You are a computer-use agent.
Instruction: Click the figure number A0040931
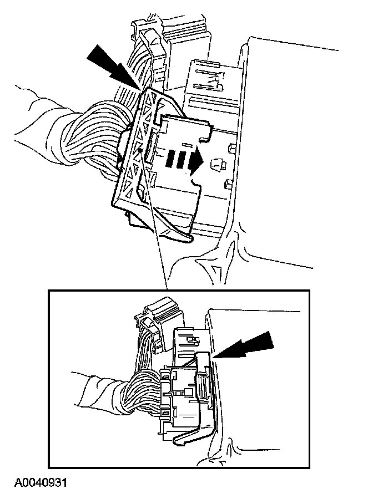[x=41, y=482]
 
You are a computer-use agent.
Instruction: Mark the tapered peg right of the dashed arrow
[x=218, y=165]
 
